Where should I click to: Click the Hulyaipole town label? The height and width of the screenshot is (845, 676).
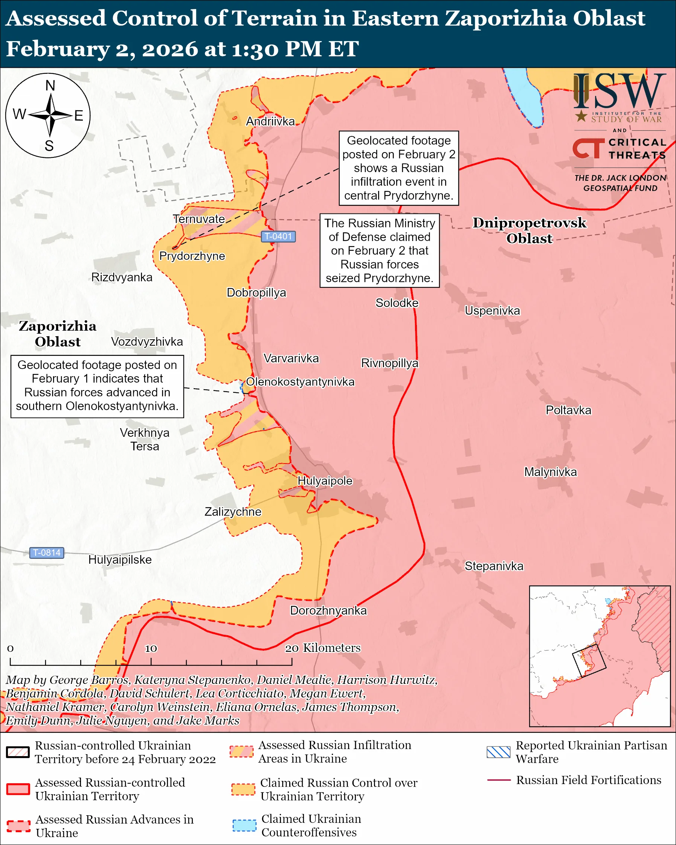325,481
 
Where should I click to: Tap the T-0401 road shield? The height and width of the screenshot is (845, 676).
278,236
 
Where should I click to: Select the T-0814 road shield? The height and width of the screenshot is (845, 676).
47,553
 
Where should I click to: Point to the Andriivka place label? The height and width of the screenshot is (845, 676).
270,122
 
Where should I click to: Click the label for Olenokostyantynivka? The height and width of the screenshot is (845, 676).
300,382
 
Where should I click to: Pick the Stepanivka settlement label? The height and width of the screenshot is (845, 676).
494,566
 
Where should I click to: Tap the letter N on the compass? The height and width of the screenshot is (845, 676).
50,85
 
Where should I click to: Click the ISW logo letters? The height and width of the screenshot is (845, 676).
620,92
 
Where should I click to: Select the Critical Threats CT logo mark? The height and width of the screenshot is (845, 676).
588,148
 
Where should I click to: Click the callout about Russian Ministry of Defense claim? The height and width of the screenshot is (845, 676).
379,250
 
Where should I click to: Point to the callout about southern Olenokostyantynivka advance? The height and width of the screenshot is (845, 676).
97,386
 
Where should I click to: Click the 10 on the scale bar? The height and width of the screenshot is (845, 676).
151,649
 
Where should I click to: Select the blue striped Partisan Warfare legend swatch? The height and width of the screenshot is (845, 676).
499,752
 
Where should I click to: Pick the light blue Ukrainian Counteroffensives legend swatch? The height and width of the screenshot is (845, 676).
244,825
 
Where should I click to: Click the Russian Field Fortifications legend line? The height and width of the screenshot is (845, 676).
499,780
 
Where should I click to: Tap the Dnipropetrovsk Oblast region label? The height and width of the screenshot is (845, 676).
529,230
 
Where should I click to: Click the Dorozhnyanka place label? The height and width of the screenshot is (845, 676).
328,611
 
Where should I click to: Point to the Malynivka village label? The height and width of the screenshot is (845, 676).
550,472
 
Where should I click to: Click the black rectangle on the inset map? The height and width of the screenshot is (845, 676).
589,661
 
